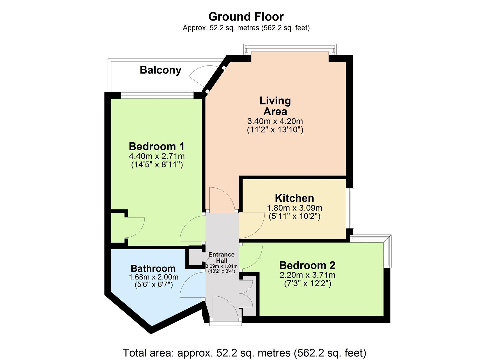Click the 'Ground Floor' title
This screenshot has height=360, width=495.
[x=246, y=16]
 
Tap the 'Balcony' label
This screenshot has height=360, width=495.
[x=160, y=70]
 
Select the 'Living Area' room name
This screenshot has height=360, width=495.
[x=275, y=106]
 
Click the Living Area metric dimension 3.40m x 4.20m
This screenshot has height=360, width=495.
[x=275, y=121]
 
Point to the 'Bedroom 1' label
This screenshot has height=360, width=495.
[x=157, y=146]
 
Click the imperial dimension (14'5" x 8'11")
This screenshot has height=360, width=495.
[x=157, y=164]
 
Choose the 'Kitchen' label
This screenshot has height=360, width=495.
[x=294, y=198]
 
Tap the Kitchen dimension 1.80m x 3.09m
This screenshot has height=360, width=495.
[x=294, y=208]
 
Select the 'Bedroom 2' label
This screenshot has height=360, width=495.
[x=307, y=265]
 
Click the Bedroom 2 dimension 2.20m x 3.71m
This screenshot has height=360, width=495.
[x=307, y=275]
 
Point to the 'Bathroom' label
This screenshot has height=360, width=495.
[x=153, y=268]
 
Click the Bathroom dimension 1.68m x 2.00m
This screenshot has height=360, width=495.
[x=153, y=277]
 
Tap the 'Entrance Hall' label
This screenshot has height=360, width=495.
[x=221, y=257]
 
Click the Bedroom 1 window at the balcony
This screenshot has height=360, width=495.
[x=157, y=95]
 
